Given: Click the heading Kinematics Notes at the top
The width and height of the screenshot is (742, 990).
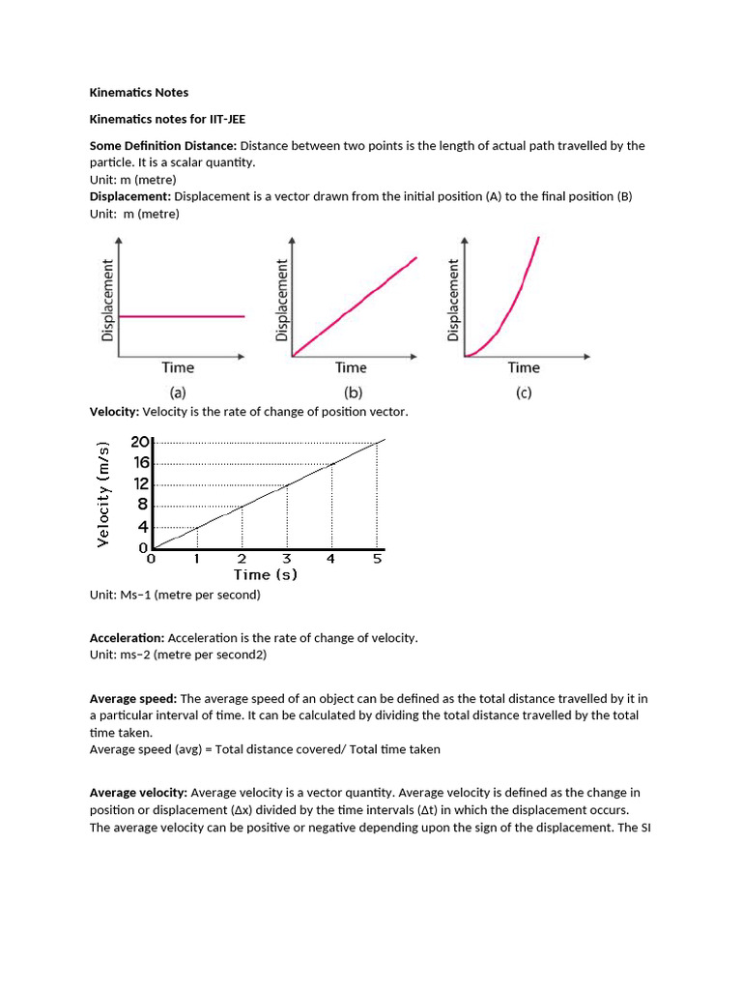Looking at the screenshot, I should click(139, 93).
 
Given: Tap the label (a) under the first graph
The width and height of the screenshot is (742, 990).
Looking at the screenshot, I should click(178, 393).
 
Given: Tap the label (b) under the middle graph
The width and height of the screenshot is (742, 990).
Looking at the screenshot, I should click(351, 393).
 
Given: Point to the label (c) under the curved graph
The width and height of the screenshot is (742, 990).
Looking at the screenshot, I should click(523, 393).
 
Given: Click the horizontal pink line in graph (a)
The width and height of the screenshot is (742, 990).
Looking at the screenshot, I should click(182, 316).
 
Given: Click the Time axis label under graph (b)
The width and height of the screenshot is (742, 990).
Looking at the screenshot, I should click(351, 367).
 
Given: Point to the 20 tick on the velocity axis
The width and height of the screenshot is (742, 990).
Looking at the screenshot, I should click(140, 442).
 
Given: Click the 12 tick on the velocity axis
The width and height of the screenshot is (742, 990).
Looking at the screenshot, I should click(142, 483).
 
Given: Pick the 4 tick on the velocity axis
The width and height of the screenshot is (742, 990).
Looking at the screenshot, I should click(144, 527).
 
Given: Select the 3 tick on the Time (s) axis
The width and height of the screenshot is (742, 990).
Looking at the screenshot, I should click(286, 559).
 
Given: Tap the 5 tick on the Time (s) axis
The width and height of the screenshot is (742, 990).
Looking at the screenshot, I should click(377, 559).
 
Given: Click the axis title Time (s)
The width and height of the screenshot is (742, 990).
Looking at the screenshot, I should click(265, 575).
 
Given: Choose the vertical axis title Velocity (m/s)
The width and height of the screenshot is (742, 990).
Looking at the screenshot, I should click(102, 493).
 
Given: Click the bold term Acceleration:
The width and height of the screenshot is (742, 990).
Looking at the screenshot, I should click(128, 638).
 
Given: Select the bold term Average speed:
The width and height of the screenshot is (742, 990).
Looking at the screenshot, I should click(133, 698).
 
